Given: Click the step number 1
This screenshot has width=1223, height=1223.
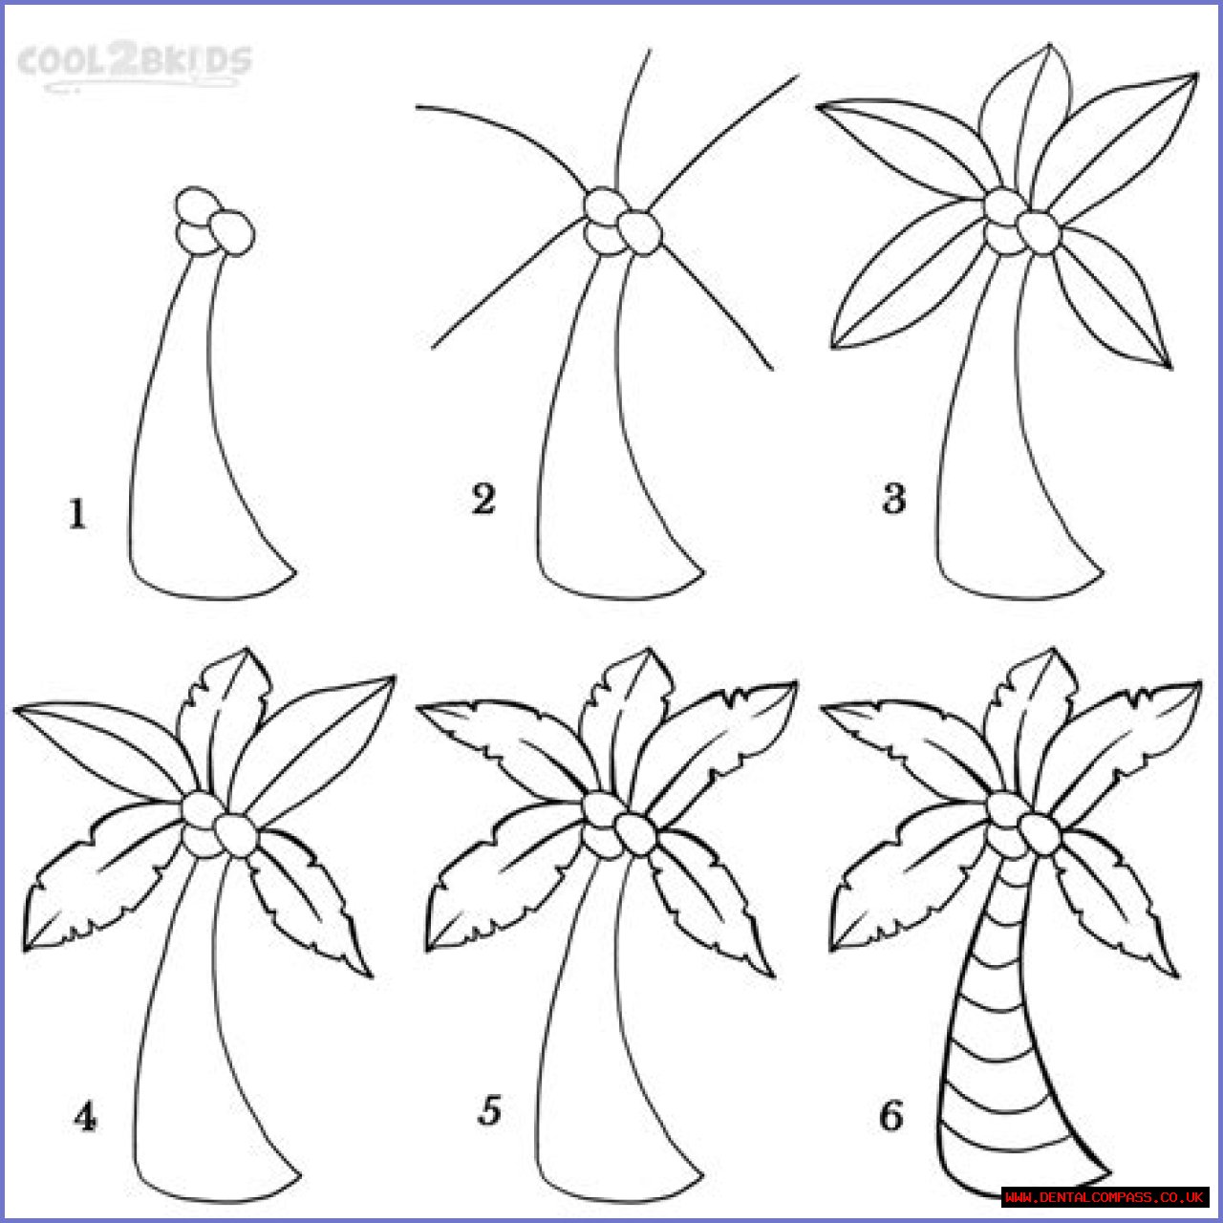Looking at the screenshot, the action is (x=77, y=514).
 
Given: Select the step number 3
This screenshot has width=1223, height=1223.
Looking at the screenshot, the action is (x=893, y=498).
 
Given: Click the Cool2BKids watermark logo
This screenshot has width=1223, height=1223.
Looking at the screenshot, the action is (x=135, y=66).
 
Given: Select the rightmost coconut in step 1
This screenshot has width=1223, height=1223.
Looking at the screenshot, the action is (x=232, y=233).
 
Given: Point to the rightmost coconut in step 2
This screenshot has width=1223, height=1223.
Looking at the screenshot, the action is (x=640, y=233).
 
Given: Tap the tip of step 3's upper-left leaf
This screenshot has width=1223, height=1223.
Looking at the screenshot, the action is (x=817, y=106).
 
